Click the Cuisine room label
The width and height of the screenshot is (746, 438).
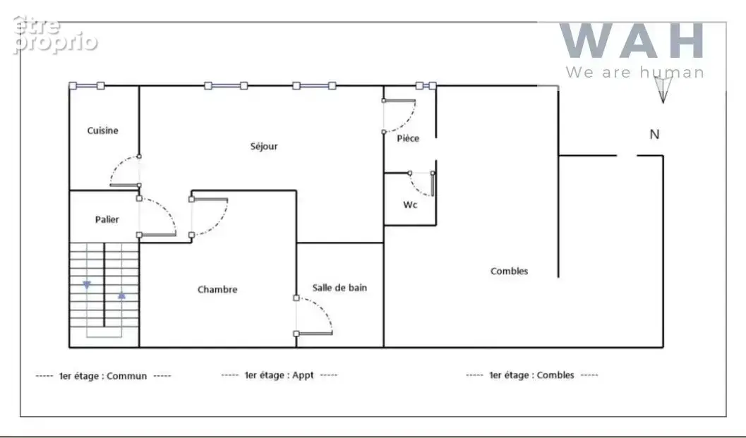(x=103, y=130)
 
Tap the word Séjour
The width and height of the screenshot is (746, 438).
(x=264, y=146)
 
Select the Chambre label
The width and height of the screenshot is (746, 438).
(x=217, y=289)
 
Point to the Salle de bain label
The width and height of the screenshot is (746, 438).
(x=339, y=287)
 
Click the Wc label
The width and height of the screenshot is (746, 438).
(x=410, y=205)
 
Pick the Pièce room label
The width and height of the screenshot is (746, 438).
(x=408, y=138)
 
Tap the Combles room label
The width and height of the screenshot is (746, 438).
(x=509, y=271)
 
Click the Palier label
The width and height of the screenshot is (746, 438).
(x=107, y=219)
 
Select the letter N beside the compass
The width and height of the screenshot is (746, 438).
(x=655, y=135)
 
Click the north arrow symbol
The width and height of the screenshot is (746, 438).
(x=663, y=89)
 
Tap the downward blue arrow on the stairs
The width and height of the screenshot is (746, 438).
(x=87, y=285)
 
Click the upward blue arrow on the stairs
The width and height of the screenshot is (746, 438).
(x=122, y=296)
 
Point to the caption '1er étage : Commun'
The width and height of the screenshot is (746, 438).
(x=103, y=376)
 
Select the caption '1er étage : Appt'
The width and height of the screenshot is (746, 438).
(x=279, y=375)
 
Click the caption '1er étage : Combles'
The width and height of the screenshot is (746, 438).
(x=532, y=375)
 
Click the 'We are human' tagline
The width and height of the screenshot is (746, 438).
(x=635, y=72)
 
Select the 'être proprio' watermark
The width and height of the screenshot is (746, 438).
(x=55, y=35)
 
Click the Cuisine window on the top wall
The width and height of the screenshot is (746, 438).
(x=87, y=85)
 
